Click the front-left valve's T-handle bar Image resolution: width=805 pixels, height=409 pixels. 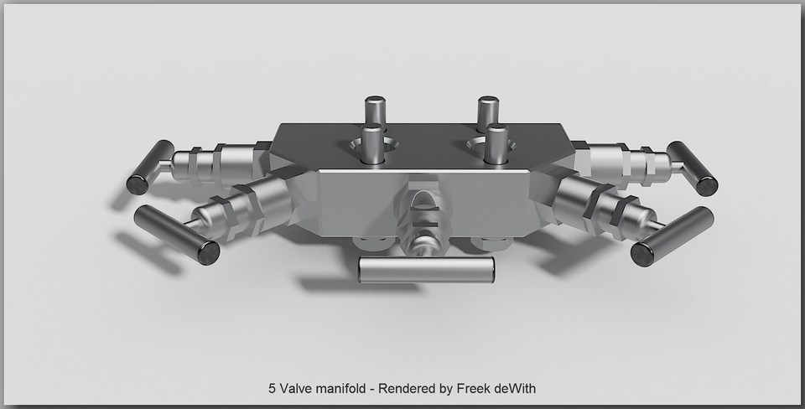point(176,234)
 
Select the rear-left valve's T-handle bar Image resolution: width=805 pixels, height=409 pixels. point(149,167)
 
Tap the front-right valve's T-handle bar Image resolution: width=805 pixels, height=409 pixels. point(672,236)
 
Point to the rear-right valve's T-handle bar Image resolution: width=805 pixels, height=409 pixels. point(692,168)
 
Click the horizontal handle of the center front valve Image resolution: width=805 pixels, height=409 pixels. point(426,269)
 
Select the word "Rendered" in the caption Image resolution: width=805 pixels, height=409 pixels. point(406,389)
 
